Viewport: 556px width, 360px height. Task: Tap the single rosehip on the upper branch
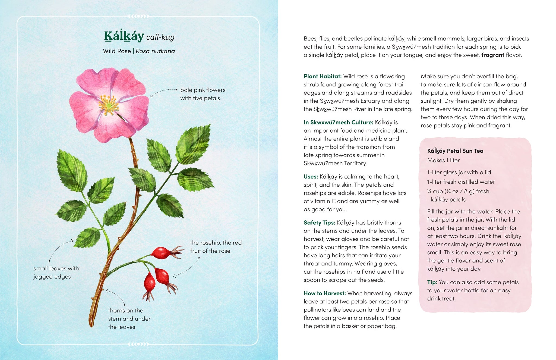(162, 253)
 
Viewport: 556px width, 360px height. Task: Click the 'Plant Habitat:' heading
(323, 76)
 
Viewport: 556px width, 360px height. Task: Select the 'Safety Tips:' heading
(319, 223)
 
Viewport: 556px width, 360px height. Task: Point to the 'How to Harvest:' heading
(325, 293)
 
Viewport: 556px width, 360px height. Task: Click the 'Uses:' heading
(311, 177)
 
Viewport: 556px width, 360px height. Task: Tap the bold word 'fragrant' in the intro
(492, 55)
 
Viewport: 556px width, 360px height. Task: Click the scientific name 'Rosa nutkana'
(155, 51)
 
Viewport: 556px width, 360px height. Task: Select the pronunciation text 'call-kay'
(160, 37)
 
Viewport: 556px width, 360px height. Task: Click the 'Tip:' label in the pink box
(432, 282)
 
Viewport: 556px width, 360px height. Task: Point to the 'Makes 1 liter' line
(443, 160)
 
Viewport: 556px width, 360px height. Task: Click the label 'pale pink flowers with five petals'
(203, 94)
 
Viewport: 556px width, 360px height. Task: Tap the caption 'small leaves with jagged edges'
(56, 273)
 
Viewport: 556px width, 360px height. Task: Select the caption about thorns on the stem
(129, 319)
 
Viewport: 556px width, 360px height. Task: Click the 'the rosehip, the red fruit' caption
(216, 247)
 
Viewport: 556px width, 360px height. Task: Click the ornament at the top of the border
(138, 16)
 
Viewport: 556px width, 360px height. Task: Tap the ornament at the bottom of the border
(138, 344)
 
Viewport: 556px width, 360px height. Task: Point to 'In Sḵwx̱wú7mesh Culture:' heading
(338, 123)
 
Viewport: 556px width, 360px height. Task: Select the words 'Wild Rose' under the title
(117, 51)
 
